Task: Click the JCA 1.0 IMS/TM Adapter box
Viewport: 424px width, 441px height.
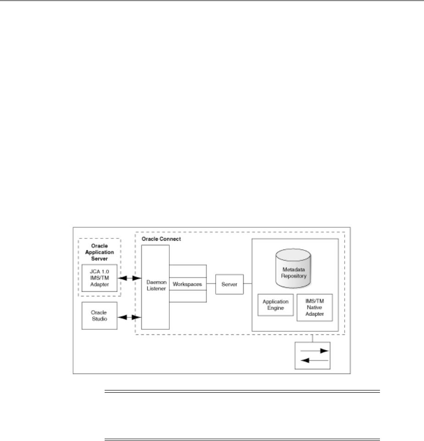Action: [x=99, y=278]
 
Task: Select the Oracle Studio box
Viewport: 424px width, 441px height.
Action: [x=99, y=315]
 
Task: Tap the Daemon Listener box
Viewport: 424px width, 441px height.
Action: [x=155, y=287]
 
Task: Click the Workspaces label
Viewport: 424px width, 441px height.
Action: [x=187, y=284]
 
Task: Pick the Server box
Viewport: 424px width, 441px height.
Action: [x=229, y=284]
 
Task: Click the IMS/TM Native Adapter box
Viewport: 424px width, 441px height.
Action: [x=314, y=308]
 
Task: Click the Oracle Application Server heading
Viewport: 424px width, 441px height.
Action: [x=99, y=253]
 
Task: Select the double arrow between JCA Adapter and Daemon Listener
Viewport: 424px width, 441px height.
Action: [x=128, y=278]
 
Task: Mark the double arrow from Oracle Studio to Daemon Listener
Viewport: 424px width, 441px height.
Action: [x=128, y=317]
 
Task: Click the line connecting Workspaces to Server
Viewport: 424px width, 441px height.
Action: [x=211, y=284]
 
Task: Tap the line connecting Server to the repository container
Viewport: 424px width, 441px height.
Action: [x=247, y=284]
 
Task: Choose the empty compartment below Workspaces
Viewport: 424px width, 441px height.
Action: [x=187, y=297]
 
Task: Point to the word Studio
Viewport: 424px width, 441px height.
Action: [x=99, y=319]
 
